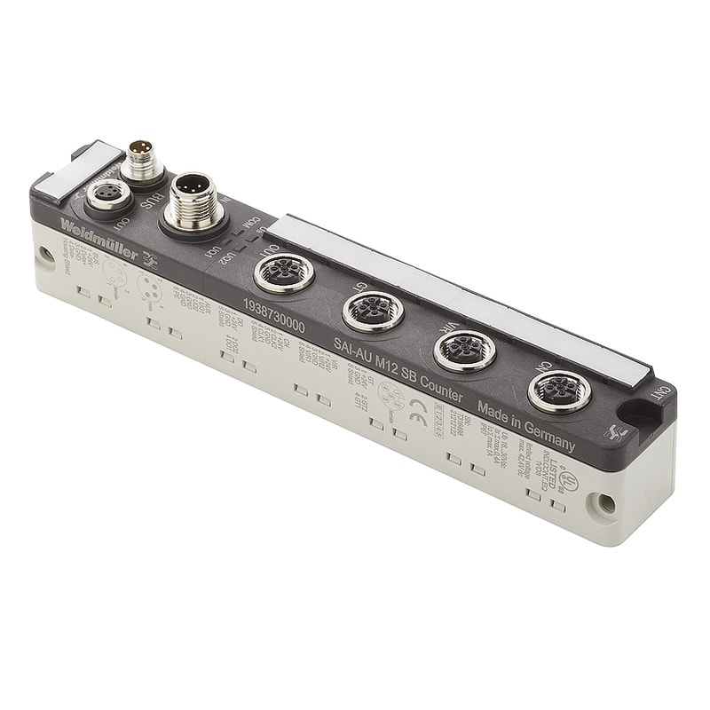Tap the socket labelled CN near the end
[559, 390]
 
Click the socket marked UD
[283, 272]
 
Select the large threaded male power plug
[194, 200]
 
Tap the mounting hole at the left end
[43, 256]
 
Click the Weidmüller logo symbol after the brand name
[152, 261]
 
